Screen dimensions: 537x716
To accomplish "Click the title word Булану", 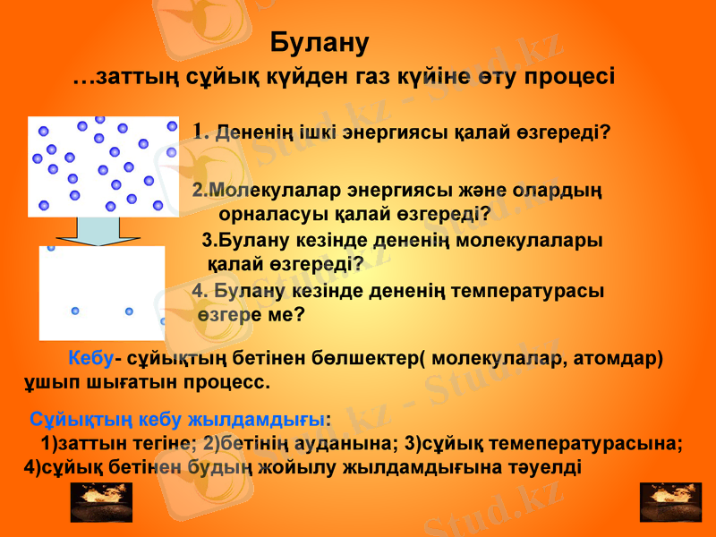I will coord(320,43).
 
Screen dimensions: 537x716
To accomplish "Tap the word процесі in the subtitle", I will coord(568,76).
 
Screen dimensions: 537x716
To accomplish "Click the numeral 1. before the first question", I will coord(201,131).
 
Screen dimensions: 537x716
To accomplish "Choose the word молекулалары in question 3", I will coord(545,240).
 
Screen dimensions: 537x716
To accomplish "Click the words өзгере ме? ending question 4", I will coord(251,315).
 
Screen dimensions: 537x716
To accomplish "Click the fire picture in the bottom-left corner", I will coord(101,502).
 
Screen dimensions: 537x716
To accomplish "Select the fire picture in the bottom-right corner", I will coord(670,502).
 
